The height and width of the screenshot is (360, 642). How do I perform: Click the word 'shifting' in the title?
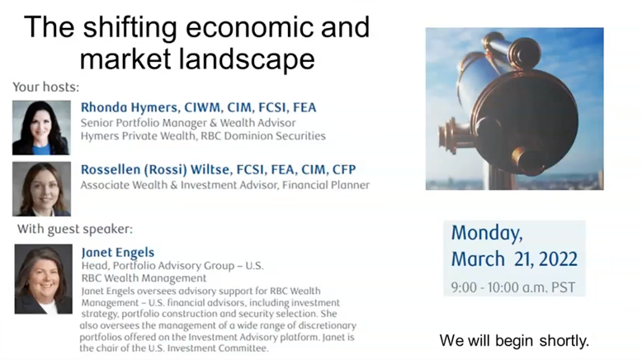coord(134,27)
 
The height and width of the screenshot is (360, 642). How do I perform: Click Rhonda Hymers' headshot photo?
coord(41,128)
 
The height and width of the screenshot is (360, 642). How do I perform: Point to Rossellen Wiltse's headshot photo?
coord(41,189)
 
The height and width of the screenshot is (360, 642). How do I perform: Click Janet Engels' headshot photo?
coord(43,278)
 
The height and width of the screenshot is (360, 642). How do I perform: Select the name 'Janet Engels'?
coord(118,253)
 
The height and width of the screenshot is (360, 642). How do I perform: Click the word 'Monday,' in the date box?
coord(486,233)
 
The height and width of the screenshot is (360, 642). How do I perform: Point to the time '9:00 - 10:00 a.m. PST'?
coord(512,288)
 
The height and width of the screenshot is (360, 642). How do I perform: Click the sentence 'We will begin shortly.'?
coord(515,339)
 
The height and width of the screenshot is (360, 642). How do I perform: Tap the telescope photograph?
coord(514,108)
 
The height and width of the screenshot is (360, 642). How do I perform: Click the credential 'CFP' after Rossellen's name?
coord(342,169)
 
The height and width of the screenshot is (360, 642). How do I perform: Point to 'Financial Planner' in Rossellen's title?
coord(326,185)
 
